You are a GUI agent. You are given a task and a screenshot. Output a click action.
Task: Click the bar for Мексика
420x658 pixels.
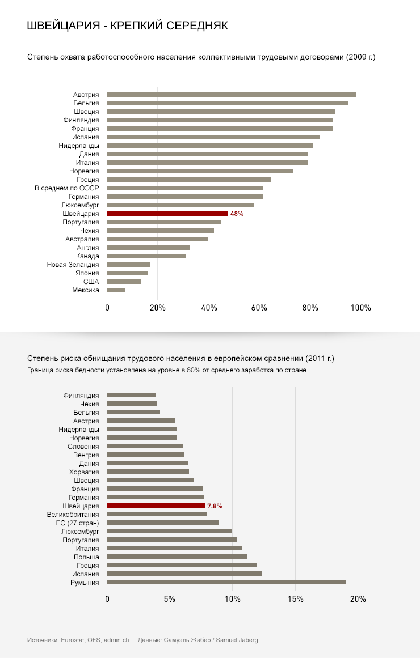point(116,290)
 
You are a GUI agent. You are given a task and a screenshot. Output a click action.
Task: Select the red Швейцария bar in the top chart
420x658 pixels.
point(167,214)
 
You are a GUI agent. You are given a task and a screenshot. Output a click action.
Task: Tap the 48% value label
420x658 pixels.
point(237,214)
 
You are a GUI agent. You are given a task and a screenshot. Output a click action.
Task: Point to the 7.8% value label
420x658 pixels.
point(215,506)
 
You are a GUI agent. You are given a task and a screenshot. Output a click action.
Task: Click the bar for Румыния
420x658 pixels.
point(226,582)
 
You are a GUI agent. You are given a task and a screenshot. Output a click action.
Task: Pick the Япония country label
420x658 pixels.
point(87,273)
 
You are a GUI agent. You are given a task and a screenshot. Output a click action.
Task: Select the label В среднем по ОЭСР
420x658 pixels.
point(67,188)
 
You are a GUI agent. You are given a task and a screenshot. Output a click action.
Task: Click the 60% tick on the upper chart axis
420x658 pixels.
point(259,308)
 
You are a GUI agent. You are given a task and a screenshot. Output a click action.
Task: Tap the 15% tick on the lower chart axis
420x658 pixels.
point(295,600)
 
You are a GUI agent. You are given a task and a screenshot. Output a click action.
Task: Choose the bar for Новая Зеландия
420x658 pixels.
point(128,265)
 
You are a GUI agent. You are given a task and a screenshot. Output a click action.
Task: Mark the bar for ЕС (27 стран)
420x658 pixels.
point(163,523)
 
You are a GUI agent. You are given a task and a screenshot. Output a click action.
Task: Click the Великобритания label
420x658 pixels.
point(73,514)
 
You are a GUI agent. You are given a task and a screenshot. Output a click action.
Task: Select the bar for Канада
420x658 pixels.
point(146,256)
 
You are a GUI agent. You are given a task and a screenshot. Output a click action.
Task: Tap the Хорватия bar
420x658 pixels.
point(148,472)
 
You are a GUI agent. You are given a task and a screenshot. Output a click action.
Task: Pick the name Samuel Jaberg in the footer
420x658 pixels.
point(238,640)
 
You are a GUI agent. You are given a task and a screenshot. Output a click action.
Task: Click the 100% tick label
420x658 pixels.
point(360,308)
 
